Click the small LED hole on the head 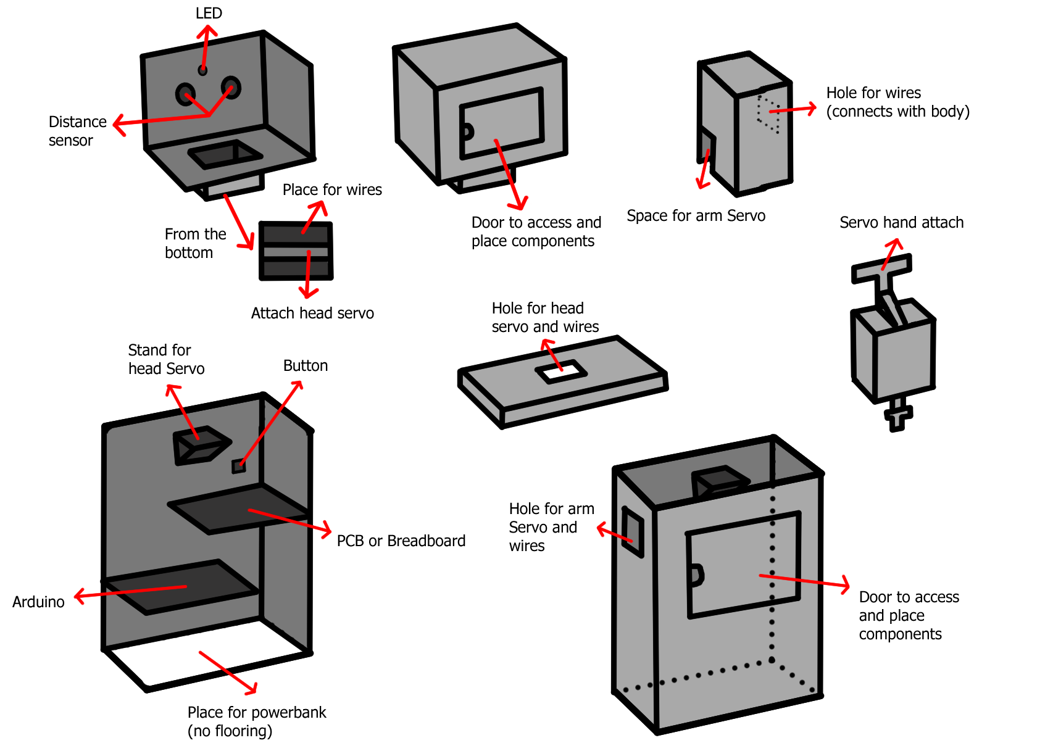[x=202, y=70]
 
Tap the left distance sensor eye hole [x=185, y=94]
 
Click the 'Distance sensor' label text [x=77, y=131]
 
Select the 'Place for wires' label [x=332, y=190]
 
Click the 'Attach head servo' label [x=312, y=313]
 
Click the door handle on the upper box [x=467, y=131]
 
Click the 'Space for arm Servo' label [x=696, y=216]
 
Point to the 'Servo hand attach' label [x=901, y=223]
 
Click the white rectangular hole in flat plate [x=560, y=372]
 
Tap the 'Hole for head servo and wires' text [x=544, y=317]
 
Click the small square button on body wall [x=238, y=466]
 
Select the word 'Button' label [x=305, y=366]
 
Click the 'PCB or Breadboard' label [x=401, y=541]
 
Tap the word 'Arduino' [x=38, y=602]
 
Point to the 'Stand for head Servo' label [x=165, y=360]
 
